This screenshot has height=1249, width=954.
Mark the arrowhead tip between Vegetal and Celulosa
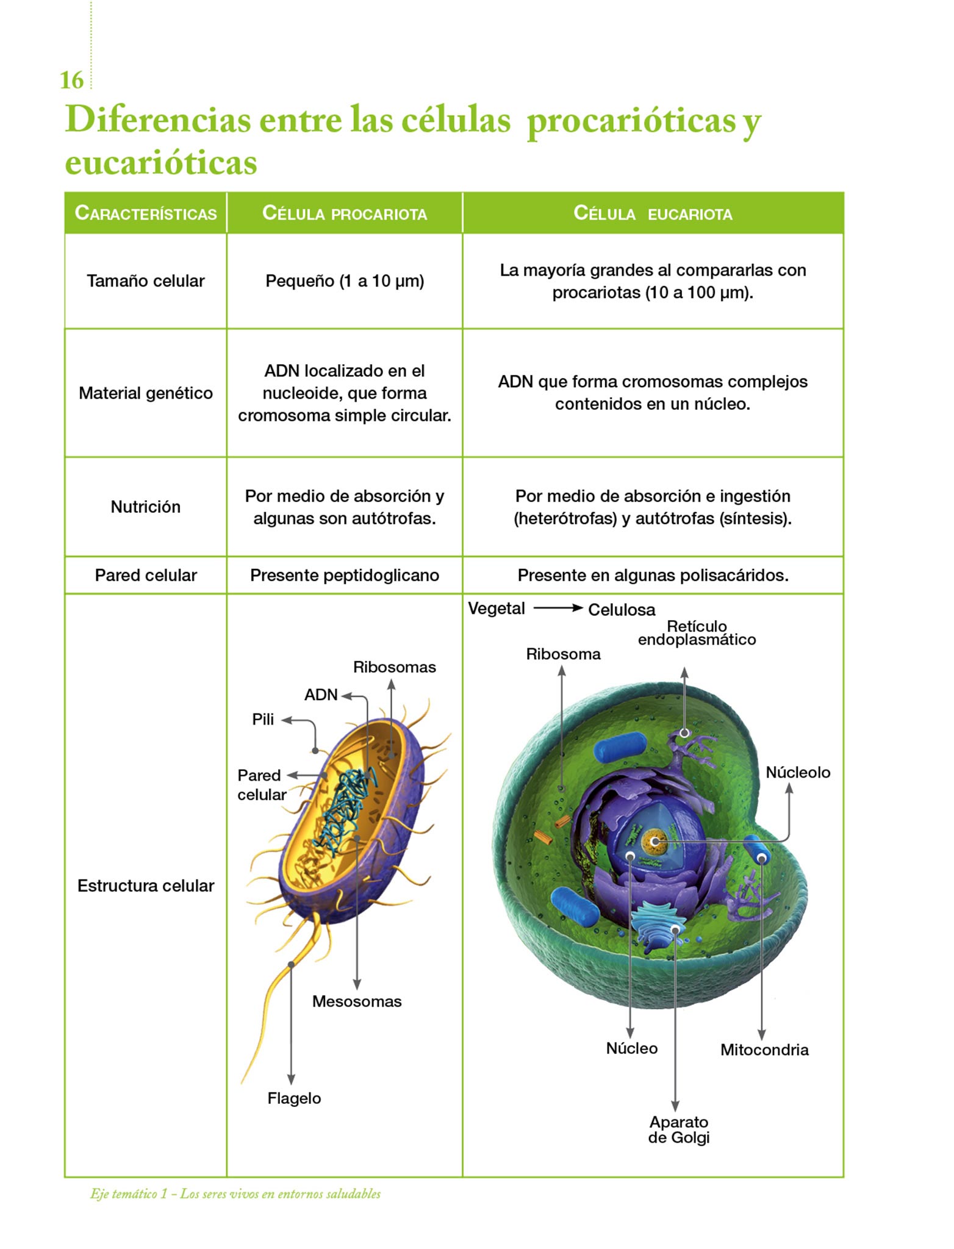583,607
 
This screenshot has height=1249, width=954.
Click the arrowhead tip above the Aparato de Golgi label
675,1111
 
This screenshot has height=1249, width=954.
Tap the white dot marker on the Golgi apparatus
675,929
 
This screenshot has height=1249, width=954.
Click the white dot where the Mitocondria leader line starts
761,859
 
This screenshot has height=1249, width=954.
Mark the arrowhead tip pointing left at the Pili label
282,720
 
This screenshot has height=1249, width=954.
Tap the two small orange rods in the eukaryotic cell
553,830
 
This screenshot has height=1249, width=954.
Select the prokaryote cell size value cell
345,281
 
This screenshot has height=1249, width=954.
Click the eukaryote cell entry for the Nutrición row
653,507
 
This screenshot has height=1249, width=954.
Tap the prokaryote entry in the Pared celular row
345,575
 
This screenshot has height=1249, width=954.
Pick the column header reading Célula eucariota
653,213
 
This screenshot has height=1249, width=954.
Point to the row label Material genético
146,393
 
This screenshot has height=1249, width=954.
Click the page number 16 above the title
71,80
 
